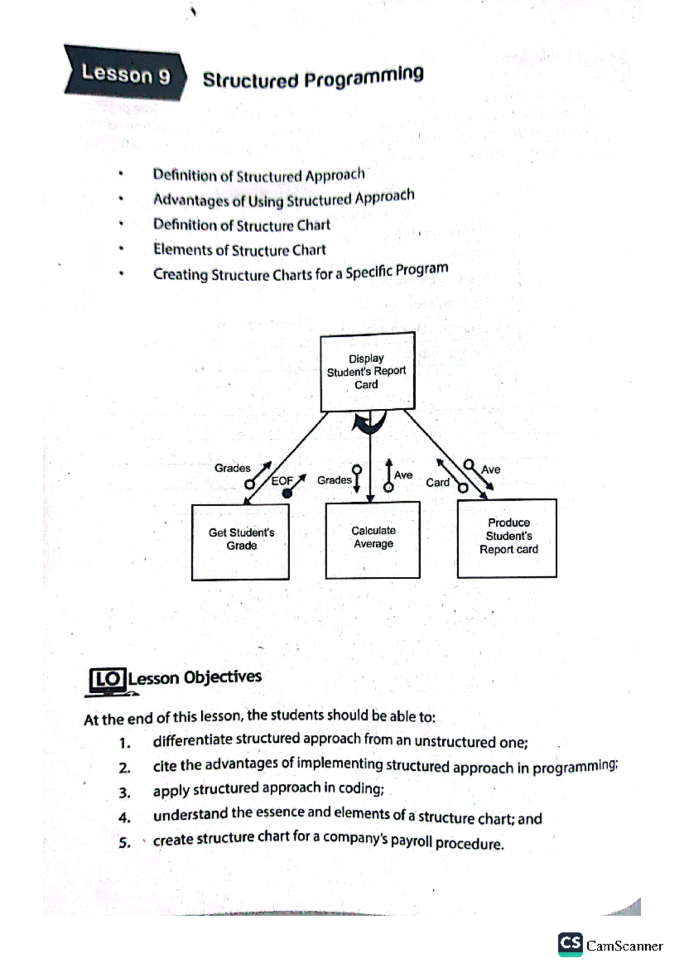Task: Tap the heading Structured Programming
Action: [313, 78]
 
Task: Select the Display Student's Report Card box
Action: [367, 372]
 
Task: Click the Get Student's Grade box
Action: [241, 541]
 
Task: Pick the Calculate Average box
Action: [373, 539]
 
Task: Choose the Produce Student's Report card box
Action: [507, 537]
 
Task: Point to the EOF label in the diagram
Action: [282, 481]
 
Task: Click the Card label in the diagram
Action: [437, 482]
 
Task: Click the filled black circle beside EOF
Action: [287, 493]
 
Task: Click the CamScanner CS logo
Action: [570, 945]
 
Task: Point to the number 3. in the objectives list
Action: [124, 792]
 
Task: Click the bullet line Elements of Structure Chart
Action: [239, 250]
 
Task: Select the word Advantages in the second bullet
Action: [192, 200]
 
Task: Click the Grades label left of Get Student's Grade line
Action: [232, 468]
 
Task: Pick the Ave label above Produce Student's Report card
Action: [490, 469]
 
